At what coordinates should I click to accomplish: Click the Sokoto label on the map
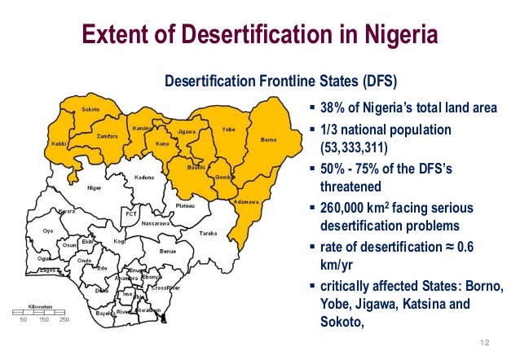(90, 110)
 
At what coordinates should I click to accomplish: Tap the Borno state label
(268, 139)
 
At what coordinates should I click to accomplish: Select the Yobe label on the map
(229, 129)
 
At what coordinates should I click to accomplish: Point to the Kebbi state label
(59, 143)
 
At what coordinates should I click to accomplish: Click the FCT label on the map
(129, 213)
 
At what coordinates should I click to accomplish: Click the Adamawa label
(245, 201)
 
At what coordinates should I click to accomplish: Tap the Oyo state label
(48, 230)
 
